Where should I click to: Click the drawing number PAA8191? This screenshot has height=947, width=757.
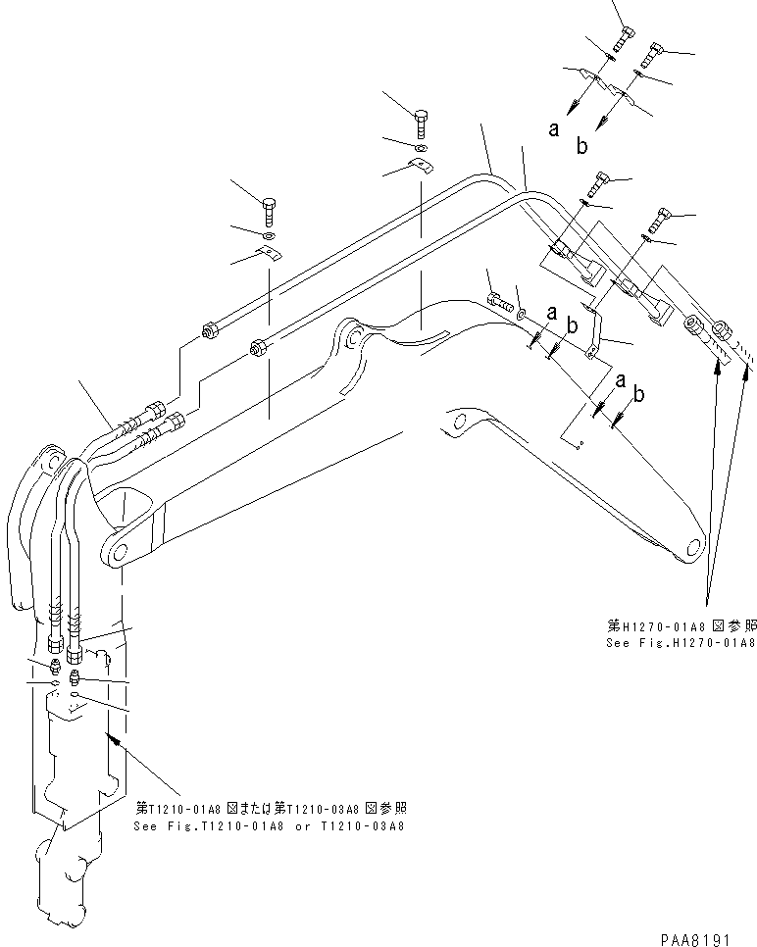pyautogui.click(x=697, y=937)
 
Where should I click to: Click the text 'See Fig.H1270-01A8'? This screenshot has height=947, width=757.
pyautogui.click(x=680, y=643)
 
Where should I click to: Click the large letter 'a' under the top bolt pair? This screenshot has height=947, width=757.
pyautogui.click(x=554, y=128)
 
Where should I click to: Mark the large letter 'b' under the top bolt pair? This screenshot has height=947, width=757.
pyautogui.click(x=581, y=146)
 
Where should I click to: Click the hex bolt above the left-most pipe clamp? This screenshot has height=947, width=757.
pyautogui.click(x=270, y=210)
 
